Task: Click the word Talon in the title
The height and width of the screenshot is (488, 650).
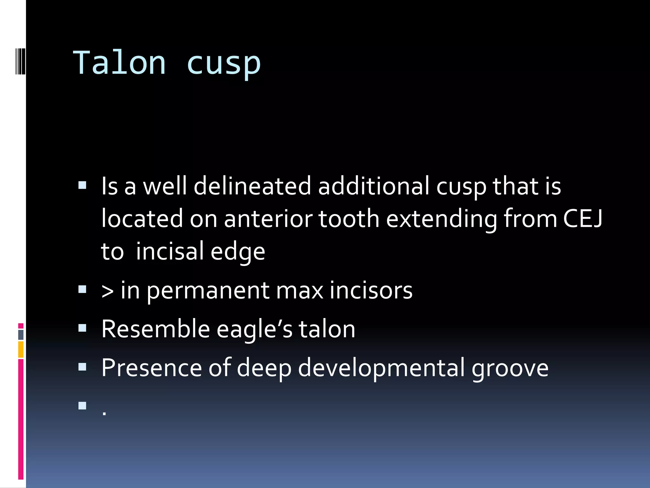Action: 120,63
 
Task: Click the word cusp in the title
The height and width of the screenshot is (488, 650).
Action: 223,64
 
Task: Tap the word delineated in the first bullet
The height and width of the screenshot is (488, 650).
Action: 252,186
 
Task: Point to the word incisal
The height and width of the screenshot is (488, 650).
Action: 169,251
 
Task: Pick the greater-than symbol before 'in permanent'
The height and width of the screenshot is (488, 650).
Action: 107,291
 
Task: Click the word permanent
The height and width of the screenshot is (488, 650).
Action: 208,291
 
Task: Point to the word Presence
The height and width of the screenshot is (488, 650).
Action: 152,368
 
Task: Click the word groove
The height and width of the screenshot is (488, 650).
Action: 510,369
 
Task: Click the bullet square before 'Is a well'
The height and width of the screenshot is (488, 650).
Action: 83,185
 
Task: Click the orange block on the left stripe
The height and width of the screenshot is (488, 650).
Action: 21,349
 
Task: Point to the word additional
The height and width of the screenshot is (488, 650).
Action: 374,186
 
